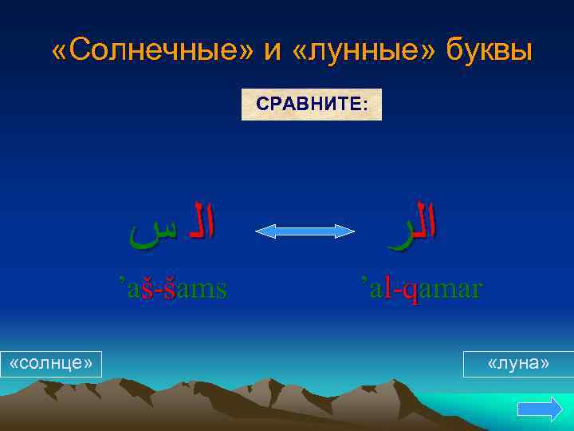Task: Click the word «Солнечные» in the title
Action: (x=151, y=50)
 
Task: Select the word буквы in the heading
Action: (x=487, y=50)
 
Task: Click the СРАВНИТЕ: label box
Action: (x=312, y=105)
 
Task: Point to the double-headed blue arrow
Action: (x=305, y=231)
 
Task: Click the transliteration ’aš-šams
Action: (x=172, y=287)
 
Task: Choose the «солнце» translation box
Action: (x=51, y=363)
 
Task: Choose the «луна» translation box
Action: (x=518, y=363)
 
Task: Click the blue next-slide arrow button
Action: (x=540, y=409)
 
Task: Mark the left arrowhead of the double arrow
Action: (x=262, y=231)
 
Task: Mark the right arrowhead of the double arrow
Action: (x=348, y=231)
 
